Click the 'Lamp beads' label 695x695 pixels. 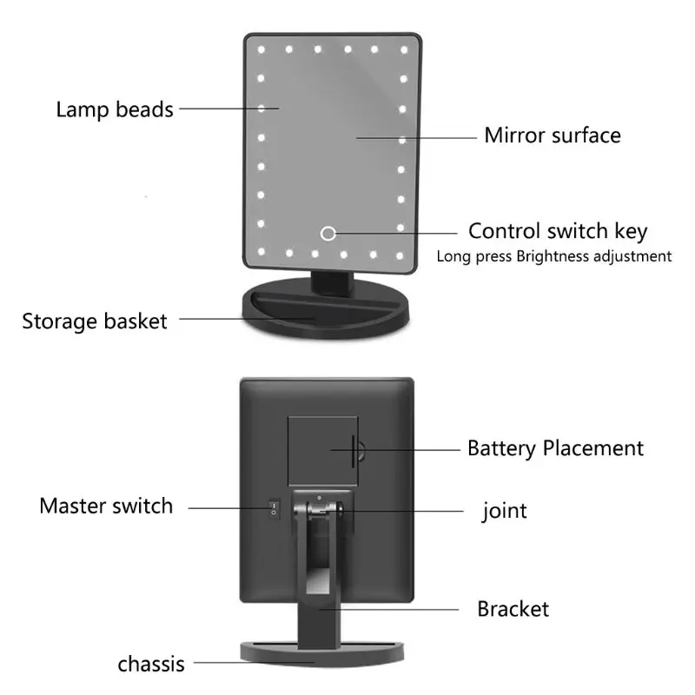coord(115,109)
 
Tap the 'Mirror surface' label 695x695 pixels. coord(553,136)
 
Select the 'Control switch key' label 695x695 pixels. coord(558,231)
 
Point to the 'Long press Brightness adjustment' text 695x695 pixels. coord(554,256)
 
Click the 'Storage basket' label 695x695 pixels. coord(95,321)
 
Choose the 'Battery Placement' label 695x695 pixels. coord(555,448)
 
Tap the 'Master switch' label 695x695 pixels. coord(106,506)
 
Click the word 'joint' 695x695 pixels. coord(505,511)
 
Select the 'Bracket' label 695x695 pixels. coord(513,609)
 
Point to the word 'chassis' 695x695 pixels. coord(151,664)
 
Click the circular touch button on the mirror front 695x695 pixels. coord(328,233)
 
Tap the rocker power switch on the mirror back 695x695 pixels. coord(274,508)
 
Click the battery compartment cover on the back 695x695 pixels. coord(322,451)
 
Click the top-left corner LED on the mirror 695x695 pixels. coord(261,50)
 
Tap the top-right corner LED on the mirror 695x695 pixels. coord(404,50)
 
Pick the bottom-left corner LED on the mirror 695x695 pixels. coord(261,252)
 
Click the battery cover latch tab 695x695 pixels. coord(360,451)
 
